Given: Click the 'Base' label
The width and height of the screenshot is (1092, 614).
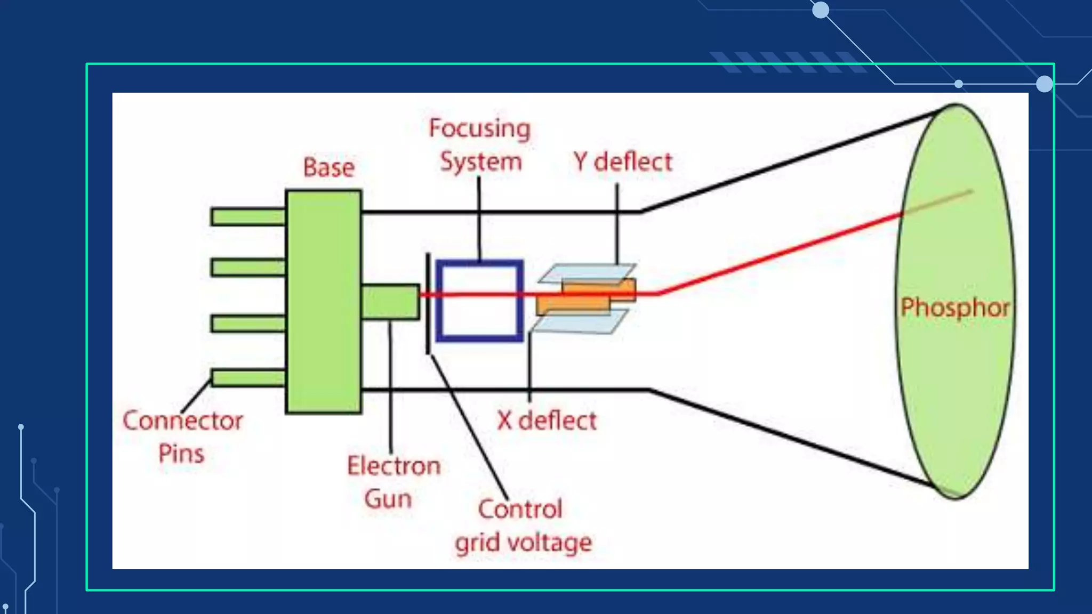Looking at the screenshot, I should click(x=328, y=167).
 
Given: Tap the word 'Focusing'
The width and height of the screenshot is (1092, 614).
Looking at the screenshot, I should click(x=479, y=129).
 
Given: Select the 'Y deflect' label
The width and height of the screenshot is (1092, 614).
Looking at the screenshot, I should click(x=622, y=161).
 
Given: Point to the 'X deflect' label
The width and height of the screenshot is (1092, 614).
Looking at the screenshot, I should click(x=547, y=421).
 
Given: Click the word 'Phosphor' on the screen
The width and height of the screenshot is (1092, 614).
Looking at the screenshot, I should click(x=955, y=308).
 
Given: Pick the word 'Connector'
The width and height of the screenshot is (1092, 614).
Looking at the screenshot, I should click(x=182, y=421).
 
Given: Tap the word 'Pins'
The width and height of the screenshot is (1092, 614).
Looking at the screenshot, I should click(x=181, y=454).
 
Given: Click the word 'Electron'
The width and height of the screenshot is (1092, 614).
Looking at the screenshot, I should click(x=394, y=466).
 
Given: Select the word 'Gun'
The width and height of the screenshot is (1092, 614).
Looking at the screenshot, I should click(x=388, y=499).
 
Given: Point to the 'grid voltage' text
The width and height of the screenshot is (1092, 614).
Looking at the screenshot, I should click(x=523, y=543).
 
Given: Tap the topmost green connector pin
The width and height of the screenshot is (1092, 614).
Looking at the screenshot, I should click(x=248, y=217).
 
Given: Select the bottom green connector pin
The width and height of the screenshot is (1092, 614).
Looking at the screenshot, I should click(x=248, y=378).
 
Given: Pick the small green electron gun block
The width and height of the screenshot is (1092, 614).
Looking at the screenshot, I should click(x=390, y=302).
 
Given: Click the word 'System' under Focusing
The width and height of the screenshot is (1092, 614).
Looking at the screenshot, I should click(x=480, y=161).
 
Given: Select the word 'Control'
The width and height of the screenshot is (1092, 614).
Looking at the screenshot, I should click(x=520, y=509).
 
